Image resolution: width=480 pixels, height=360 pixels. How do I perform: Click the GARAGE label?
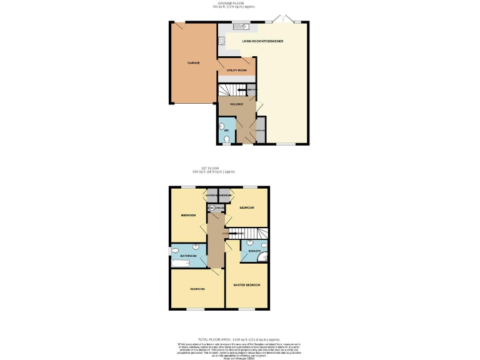[193, 63]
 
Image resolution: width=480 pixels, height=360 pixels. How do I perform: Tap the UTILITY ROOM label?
[237, 71]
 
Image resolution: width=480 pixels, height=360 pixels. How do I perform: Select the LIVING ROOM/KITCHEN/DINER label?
[267, 41]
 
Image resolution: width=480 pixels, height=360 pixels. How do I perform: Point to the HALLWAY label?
[236, 104]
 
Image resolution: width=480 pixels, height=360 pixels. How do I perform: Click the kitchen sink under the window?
[241, 27]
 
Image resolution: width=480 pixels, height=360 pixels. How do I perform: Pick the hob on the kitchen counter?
[221, 41]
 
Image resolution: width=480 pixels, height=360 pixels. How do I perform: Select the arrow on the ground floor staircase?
[242, 91]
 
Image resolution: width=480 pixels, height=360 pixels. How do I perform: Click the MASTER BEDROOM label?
[246, 285]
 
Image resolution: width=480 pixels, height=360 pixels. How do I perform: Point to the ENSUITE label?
[254, 251]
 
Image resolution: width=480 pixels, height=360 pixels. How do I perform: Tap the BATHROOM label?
[189, 256]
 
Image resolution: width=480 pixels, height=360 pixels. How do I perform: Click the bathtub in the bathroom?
[180, 265]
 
